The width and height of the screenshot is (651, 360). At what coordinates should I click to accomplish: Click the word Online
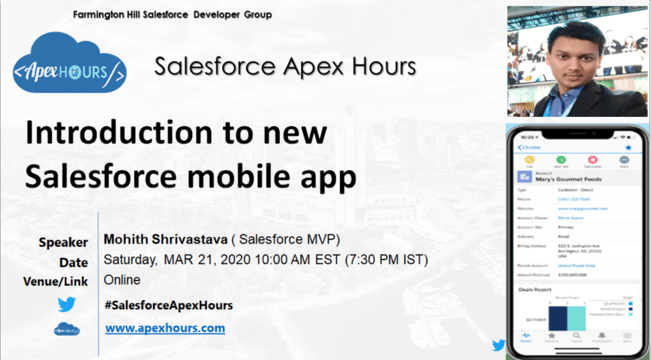point(122,280)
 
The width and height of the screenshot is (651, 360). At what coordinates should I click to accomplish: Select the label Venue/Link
point(55,280)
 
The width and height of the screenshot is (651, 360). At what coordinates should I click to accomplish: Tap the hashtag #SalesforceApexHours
point(168,305)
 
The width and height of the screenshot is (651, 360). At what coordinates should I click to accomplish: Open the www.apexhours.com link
point(165,328)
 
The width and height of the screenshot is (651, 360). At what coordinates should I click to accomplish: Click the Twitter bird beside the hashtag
point(66,305)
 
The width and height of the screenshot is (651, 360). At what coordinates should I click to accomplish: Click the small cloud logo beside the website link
point(66,329)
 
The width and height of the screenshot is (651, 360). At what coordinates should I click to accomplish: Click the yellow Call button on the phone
point(529,161)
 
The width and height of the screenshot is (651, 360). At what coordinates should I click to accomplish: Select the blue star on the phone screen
point(628,148)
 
